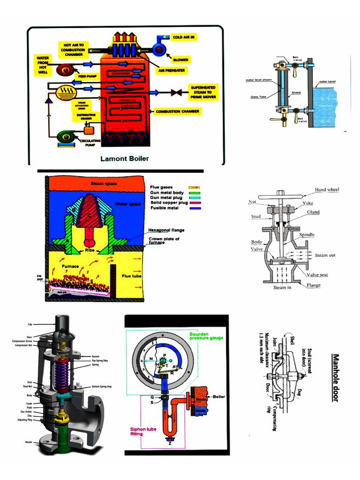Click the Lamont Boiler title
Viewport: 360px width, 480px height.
click(125, 158)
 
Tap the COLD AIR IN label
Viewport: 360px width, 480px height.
click(184, 37)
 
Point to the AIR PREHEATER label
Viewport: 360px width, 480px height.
click(171, 70)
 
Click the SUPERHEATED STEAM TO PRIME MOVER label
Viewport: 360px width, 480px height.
click(202, 91)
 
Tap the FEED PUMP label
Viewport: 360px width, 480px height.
click(88, 75)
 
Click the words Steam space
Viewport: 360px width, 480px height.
click(104, 183)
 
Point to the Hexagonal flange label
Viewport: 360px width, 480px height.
click(166, 230)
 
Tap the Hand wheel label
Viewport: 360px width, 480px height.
click(327, 190)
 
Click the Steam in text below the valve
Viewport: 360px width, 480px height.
click(282, 287)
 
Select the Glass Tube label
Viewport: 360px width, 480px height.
click(258, 97)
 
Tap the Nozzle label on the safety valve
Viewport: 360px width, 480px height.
click(29, 442)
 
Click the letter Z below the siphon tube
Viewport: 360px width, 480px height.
click(169, 443)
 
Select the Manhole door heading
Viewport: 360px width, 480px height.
click(335, 378)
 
